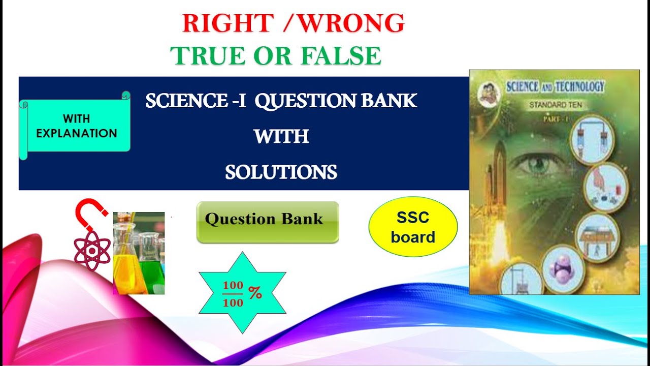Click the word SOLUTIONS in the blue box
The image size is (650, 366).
pos(281,173)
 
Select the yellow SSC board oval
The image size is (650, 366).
pos(413,227)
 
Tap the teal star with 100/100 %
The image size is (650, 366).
pos(242,293)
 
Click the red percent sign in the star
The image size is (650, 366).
pos(255,293)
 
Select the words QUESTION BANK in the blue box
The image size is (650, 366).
pos(335,101)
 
